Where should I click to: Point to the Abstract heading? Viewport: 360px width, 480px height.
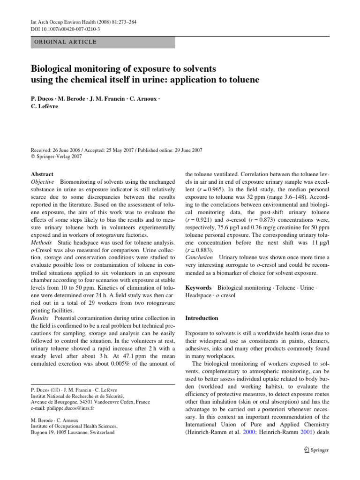pyautogui.click(x=42, y=173)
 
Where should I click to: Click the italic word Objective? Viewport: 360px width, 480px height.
pyautogui.click(x=43, y=182)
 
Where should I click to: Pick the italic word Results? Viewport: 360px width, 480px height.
pyautogui.click(x=41, y=319)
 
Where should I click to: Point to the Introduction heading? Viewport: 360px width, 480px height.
pyautogui.click(x=202, y=318)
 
